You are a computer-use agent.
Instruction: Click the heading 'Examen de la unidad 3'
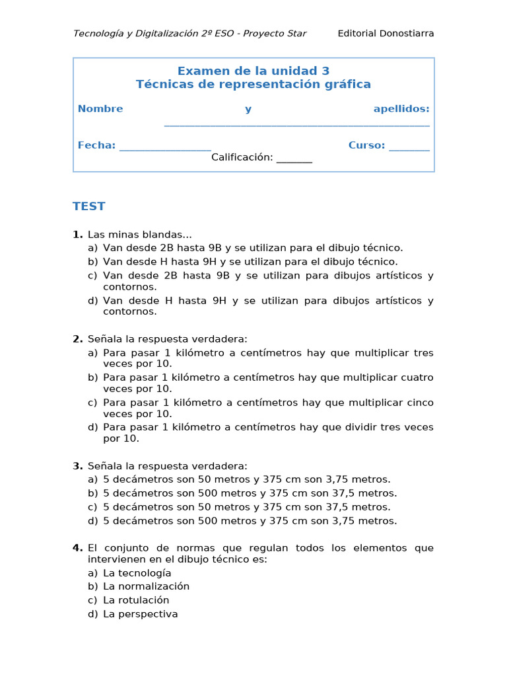[253, 71]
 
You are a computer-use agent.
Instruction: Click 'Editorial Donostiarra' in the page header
[386, 34]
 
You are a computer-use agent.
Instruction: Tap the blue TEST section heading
[89, 206]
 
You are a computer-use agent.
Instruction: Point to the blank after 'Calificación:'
[294, 159]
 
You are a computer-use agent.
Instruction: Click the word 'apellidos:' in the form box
[401, 109]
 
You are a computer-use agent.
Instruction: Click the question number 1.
[77, 235]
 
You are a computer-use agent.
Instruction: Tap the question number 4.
[77, 548]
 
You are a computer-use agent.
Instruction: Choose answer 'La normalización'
[146, 586]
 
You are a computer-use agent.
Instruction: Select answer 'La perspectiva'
[140, 614]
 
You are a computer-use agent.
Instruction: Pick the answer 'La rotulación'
[136, 600]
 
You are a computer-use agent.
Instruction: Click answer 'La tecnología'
[137, 573]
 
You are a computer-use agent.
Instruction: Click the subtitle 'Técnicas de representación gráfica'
[253, 85]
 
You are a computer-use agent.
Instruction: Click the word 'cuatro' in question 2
[417, 378]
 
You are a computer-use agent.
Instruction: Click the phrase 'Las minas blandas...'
[140, 235]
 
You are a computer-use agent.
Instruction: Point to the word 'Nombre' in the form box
[100, 109]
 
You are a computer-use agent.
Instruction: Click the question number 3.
[77, 466]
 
